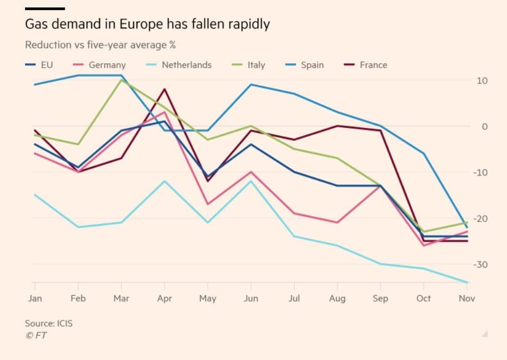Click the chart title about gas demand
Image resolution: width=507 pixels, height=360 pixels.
click(147, 24)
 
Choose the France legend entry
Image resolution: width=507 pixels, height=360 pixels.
click(373, 65)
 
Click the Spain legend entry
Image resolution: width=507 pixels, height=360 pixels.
click(312, 65)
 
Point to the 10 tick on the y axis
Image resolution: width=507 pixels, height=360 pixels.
click(483, 80)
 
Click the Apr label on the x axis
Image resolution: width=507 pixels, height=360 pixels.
click(165, 298)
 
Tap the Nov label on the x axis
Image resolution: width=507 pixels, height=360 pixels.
click(467, 298)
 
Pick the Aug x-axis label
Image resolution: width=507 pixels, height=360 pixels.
click(337, 298)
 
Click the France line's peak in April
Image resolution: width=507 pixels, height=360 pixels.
click(165, 89)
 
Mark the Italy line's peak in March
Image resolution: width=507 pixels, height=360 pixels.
click(121, 80)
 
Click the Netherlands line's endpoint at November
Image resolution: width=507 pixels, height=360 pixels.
click(467, 282)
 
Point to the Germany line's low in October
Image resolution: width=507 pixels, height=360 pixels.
click(424, 245)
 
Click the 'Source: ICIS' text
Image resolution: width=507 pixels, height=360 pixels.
click(49, 323)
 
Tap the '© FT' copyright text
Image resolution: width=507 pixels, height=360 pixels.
click(36, 335)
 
